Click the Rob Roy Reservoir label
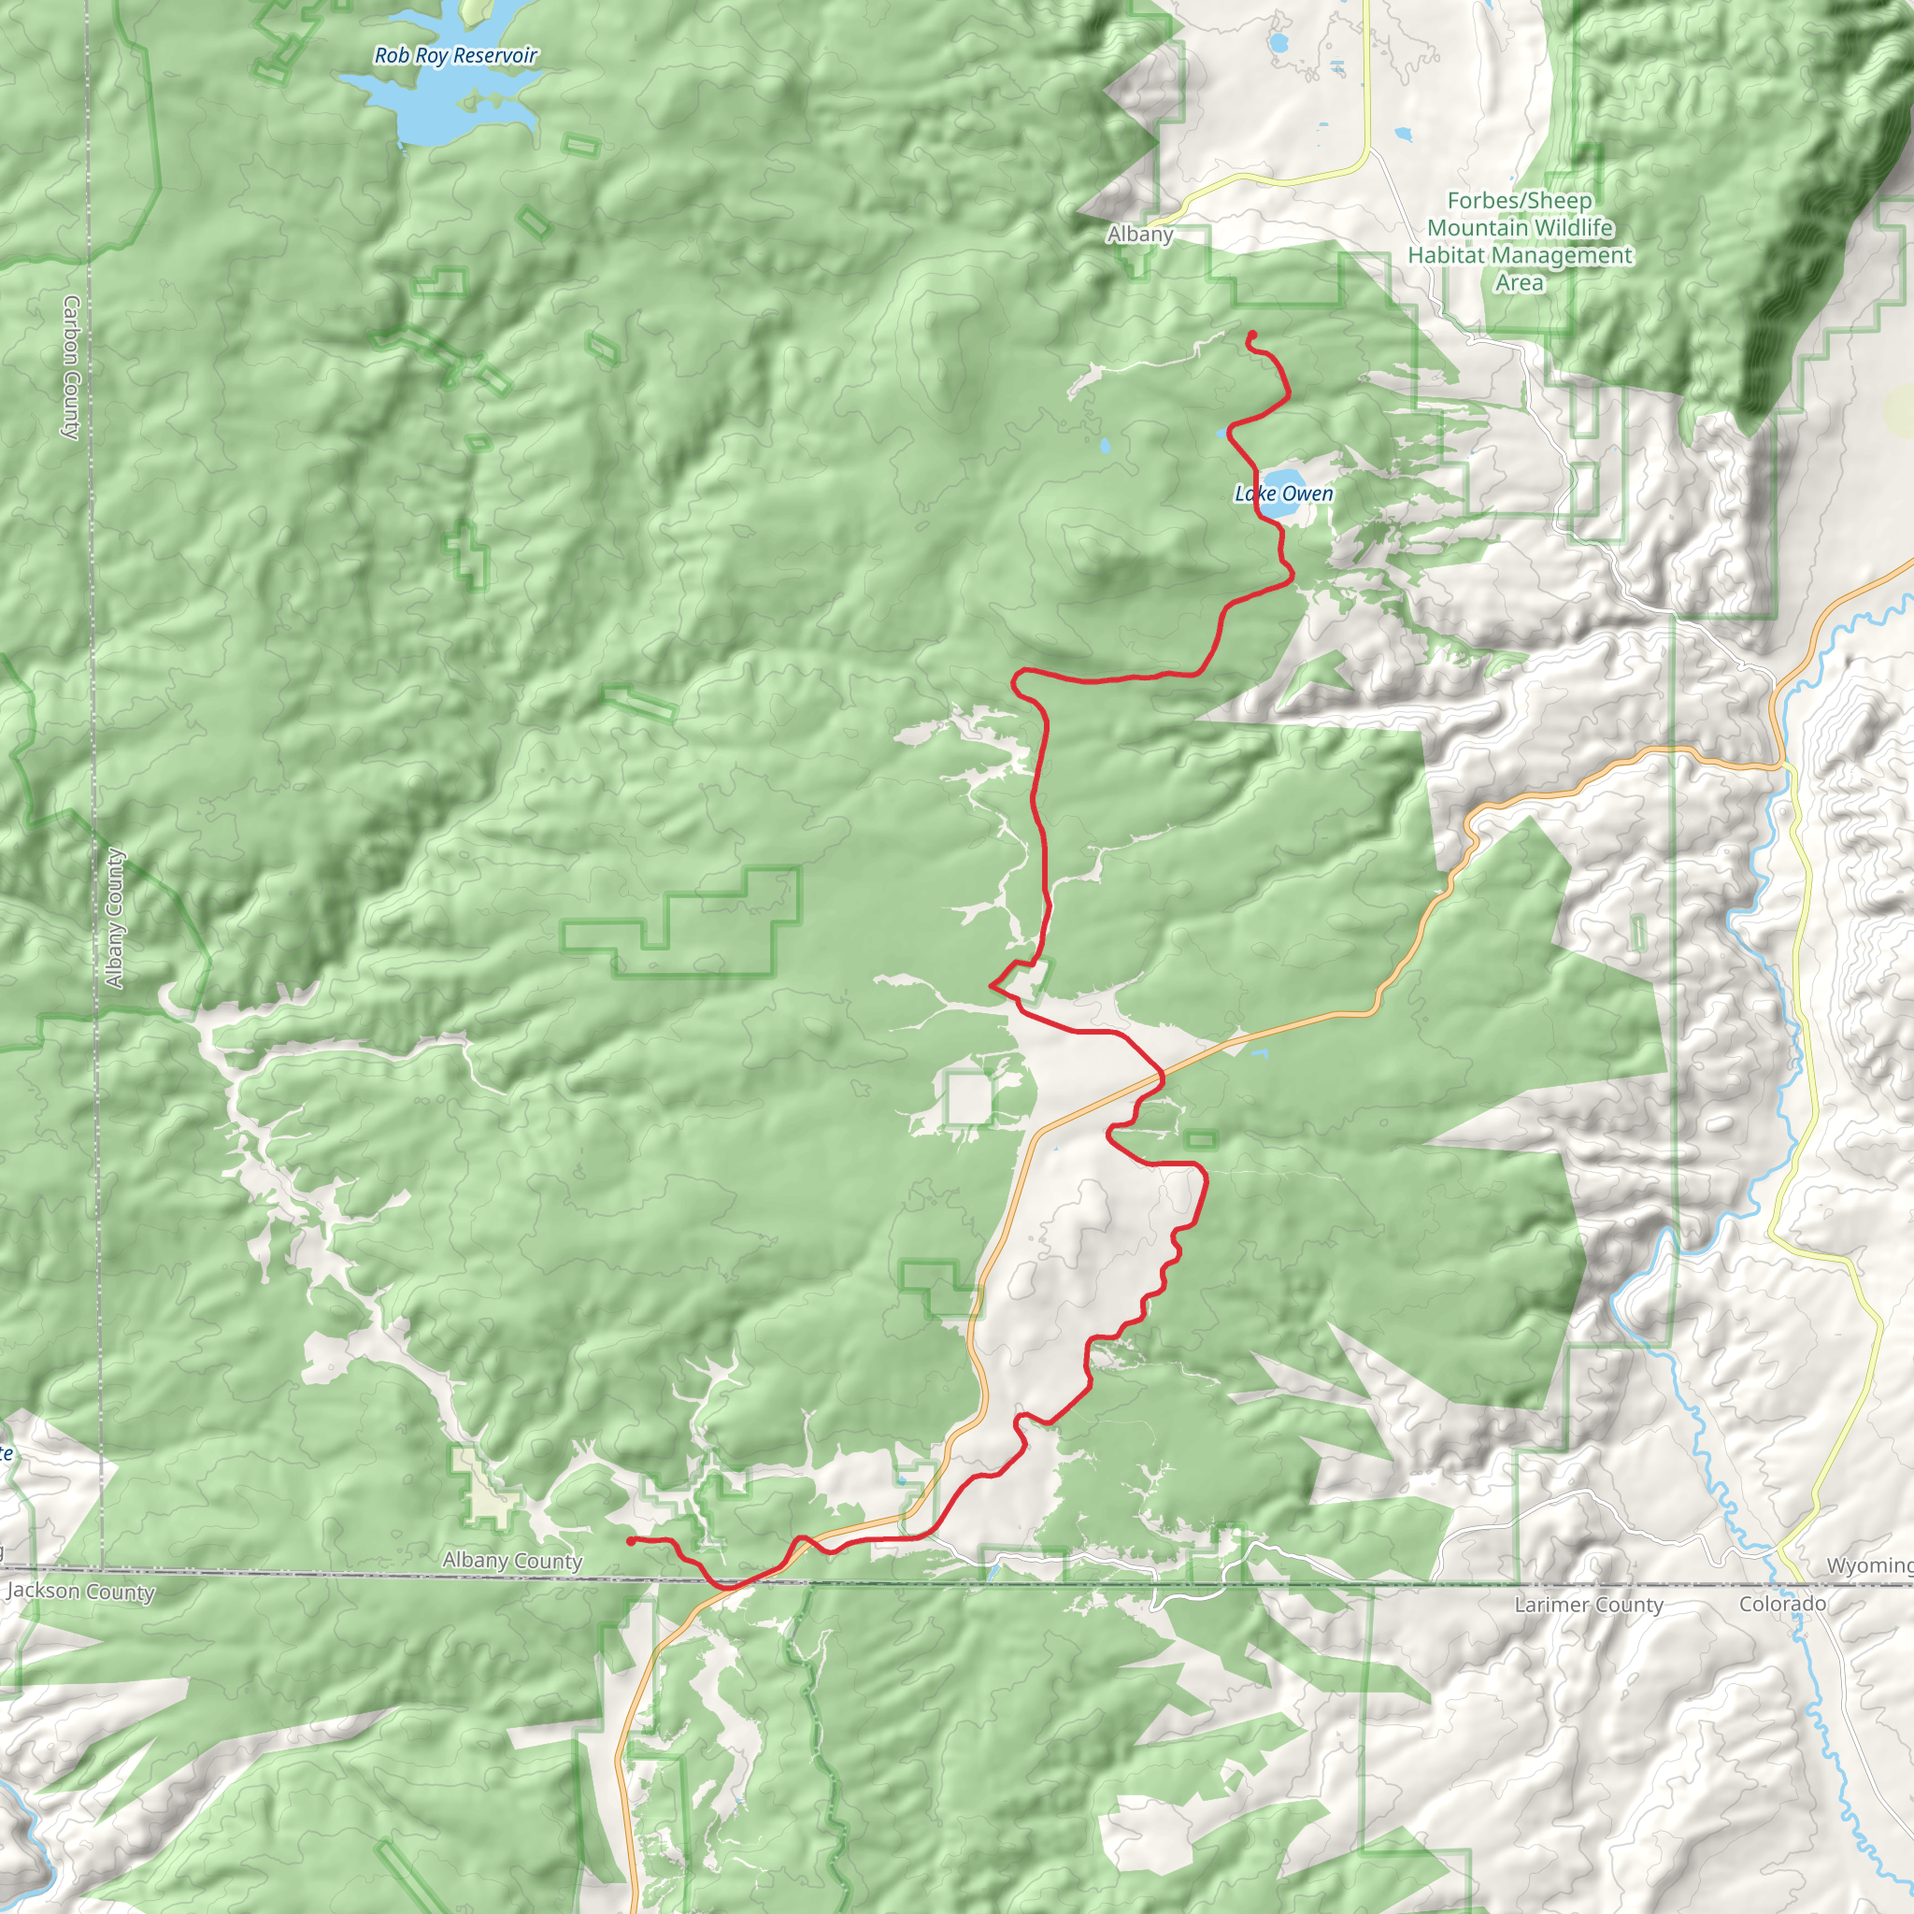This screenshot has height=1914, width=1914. point(456,55)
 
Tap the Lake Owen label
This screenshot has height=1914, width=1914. point(1283,493)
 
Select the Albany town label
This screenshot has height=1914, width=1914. point(1139,235)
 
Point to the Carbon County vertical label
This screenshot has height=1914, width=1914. point(71,366)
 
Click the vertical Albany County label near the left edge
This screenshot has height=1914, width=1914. point(115,919)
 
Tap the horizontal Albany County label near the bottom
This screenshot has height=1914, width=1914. point(512,1561)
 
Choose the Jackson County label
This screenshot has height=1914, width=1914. point(81,1591)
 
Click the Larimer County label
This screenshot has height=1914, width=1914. point(1588,1604)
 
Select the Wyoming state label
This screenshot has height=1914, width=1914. point(1868,1565)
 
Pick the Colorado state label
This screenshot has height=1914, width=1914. point(1782,1603)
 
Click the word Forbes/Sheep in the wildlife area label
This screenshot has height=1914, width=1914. point(1519,201)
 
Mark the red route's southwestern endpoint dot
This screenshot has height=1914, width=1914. point(631,1541)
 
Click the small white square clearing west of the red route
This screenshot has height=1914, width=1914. point(969,1099)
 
